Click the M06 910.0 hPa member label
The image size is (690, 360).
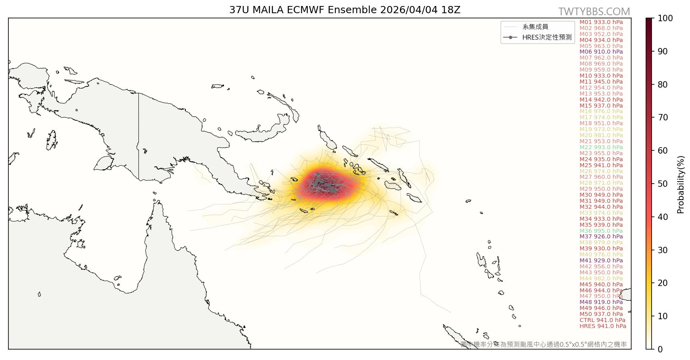(x=601, y=52)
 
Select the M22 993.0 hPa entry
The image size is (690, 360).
(x=601, y=147)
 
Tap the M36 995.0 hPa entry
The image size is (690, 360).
(x=601, y=231)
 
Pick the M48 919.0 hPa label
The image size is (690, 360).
(x=601, y=302)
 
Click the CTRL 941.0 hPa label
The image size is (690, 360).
(x=602, y=320)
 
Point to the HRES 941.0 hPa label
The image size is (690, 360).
(x=602, y=326)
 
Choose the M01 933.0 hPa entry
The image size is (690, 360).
(x=601, y=22)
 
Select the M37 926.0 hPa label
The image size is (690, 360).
(x=601, y=237)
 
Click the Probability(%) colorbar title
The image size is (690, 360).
(x=680, y=184)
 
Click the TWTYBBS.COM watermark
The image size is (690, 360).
(x=594, y=12)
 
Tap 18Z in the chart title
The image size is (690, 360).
(x=451, y=10)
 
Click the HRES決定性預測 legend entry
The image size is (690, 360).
(x=547, y=37)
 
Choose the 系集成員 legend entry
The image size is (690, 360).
(x=535, y=27)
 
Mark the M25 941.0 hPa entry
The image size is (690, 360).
(x=601, y=165)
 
